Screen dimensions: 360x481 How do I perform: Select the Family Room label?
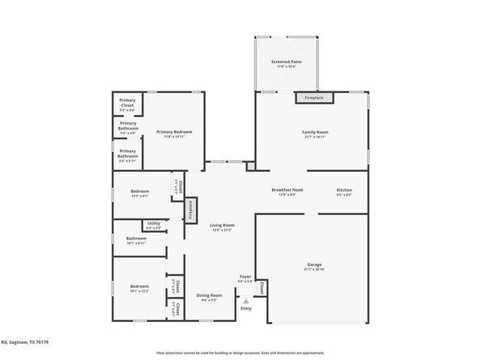pos(315,133)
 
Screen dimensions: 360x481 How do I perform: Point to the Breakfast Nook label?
pos(283,192)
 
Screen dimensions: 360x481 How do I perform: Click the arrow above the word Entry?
pos(246,299)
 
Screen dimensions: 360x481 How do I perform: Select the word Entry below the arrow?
pos(246,307)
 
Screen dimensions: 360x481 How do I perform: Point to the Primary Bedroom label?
pos(173,133)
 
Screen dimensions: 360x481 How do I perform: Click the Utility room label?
pos(154,226)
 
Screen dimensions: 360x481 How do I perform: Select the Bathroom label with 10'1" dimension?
pos(136,240)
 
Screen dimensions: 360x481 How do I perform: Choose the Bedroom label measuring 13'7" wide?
pos(138,193)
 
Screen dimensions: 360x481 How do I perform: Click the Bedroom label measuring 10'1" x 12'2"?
pos(138,289)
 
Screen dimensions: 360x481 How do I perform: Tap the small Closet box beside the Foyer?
pos(262,287)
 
